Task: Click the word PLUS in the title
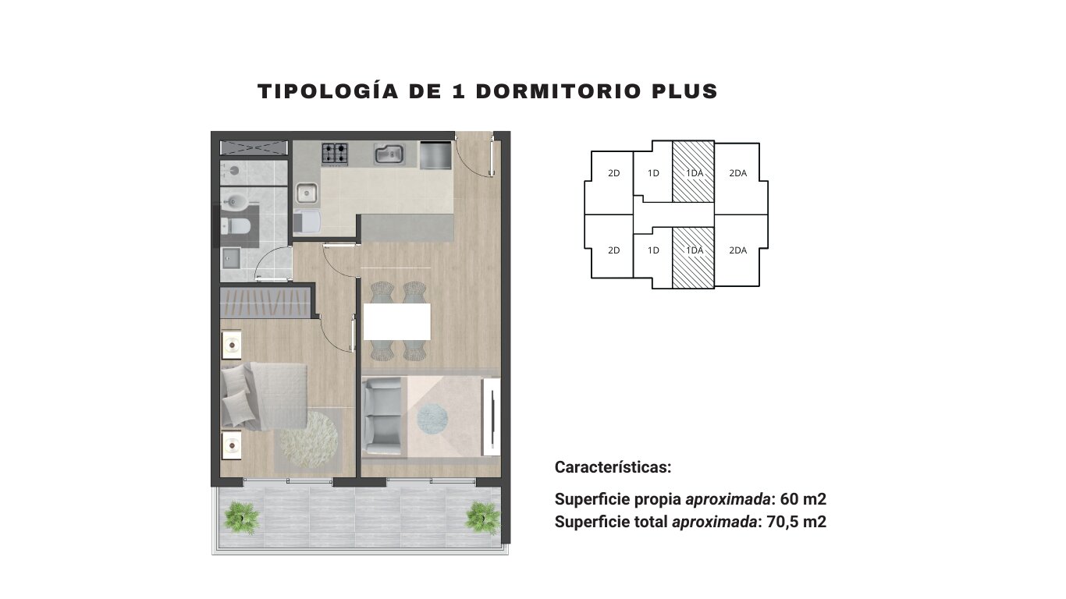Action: [684, 91]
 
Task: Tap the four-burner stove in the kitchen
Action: [335, 154]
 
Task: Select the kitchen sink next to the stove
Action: [389, 154]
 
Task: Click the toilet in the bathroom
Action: [236, 225]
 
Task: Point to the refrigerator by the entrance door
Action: [435, 154]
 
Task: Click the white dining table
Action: [397, 321]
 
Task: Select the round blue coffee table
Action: [432, 419]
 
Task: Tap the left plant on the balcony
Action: [242, 518]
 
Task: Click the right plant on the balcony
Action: [482, 518]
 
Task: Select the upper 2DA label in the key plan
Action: [737, 173]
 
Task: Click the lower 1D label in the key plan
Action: [653, 250]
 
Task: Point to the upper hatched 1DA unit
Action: [694, 172]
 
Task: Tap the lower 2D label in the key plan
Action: [614, 250]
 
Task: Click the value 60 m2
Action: [803, 499]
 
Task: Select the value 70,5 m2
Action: [797, 522]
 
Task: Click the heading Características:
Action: [613, 467]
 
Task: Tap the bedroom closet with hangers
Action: [265, 303]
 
